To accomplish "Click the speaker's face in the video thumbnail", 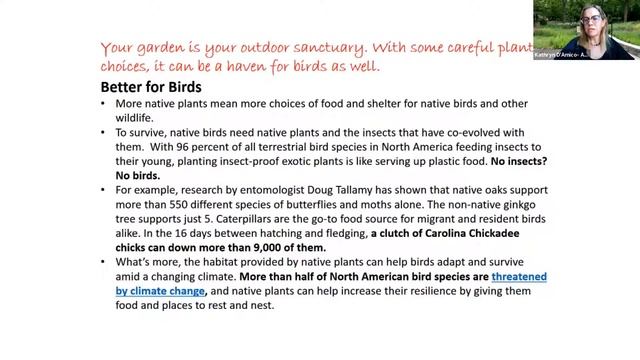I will pos(590,21).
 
